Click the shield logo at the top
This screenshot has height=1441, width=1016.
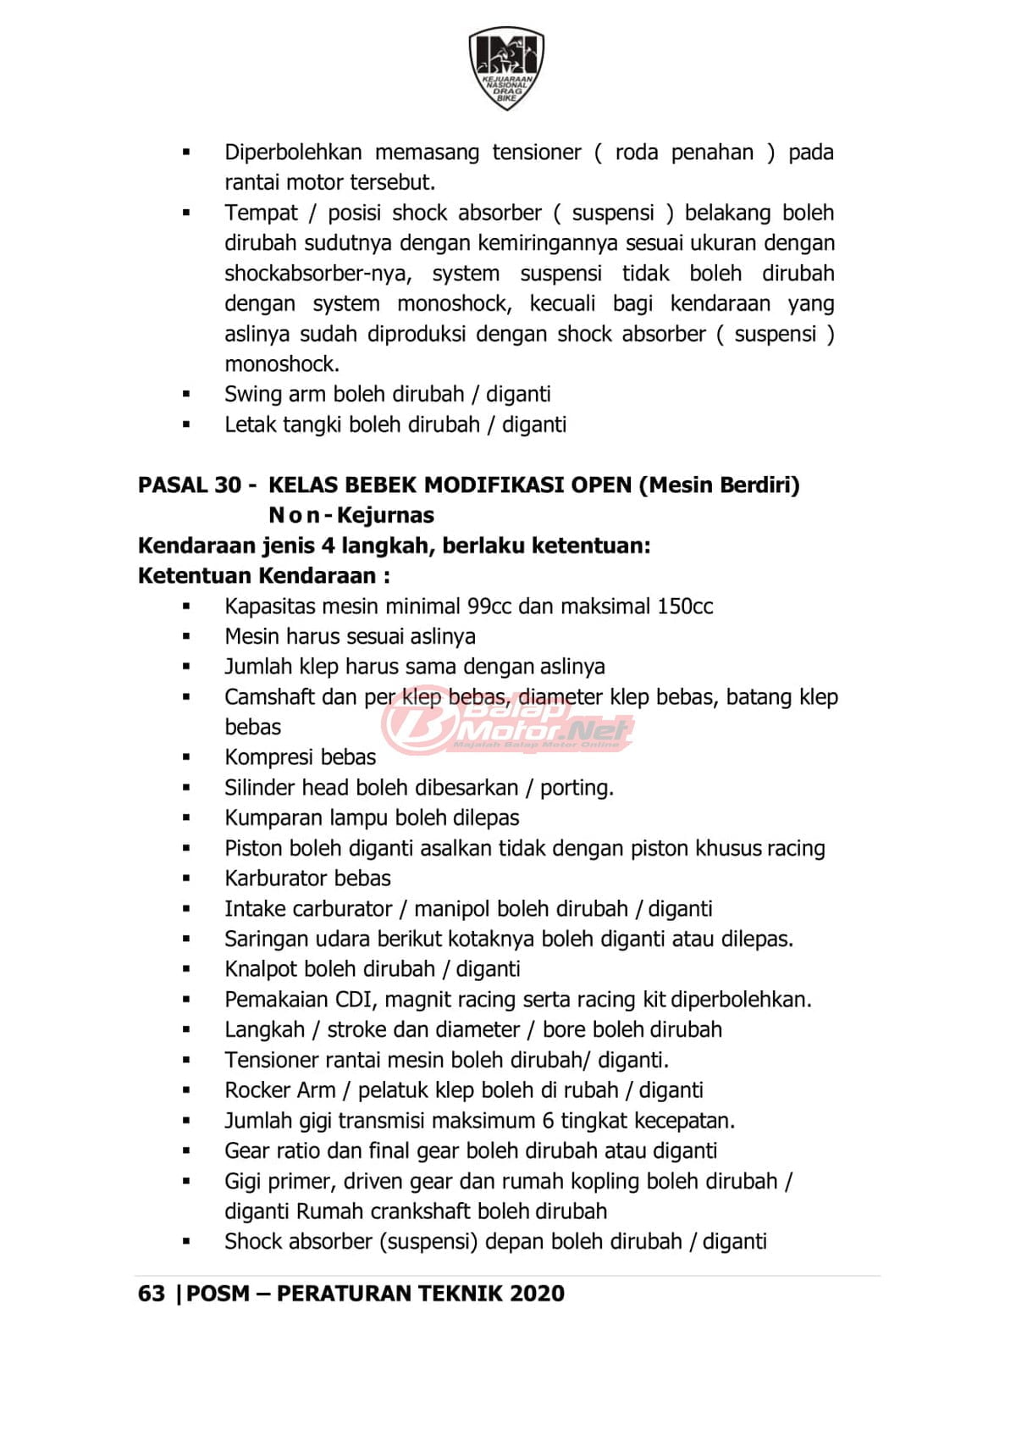(506, 68)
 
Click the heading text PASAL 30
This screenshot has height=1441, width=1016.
(190, 485)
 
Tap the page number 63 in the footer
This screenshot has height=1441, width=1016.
(151, 1294)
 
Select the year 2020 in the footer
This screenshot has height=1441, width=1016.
(537, 1294)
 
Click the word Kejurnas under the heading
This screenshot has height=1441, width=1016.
(385, 515)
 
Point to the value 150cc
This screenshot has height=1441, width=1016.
(685, 607)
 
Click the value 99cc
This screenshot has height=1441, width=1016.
(489, 607)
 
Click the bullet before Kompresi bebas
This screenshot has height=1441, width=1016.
(186, 757)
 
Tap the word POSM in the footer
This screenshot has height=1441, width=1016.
(218, 1294)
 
